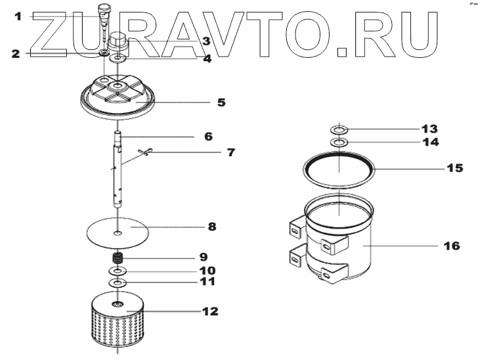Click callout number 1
pyautogui.click(x=18, y=15)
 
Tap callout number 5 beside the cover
pyautogui.click(x=221, y=102)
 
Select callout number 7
pyautogui.click(x=230, y=153)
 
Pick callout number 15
pyautogui.click(x=454, y=168)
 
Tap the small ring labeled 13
pyautogui.click(x=339, y=130)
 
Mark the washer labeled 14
pyautogui.click(x=339, y=142)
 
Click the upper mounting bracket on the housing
pyautogui.click(x=295, y=227)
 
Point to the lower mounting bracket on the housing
pyautogui.click(x=295, y=257)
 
